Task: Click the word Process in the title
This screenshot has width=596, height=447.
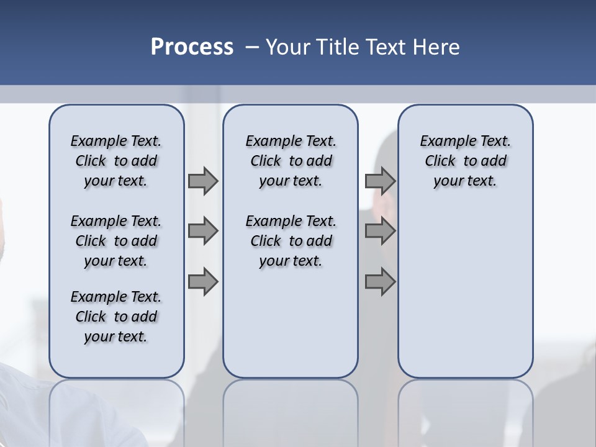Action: [192, 47]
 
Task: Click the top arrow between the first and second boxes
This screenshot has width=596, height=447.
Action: [203, 181]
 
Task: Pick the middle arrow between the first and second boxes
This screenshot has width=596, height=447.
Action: [203, 232]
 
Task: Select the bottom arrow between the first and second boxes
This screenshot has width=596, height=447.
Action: [203, 282]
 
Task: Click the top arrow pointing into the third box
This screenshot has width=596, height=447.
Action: [380, 181]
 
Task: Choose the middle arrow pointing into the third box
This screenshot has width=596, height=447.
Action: [380, 232]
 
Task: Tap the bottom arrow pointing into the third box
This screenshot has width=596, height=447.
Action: [380, 282]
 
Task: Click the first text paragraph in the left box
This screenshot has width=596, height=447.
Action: [116, 161]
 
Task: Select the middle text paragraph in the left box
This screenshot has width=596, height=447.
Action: [116, 241]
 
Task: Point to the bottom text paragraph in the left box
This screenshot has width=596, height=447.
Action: [116, 317]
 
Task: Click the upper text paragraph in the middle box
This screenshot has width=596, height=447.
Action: [291, 161]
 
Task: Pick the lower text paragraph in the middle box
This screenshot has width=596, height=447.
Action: [291, 241]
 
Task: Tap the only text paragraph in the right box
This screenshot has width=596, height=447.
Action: [465, 161]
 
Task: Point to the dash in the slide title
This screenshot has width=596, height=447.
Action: [253, 47]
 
